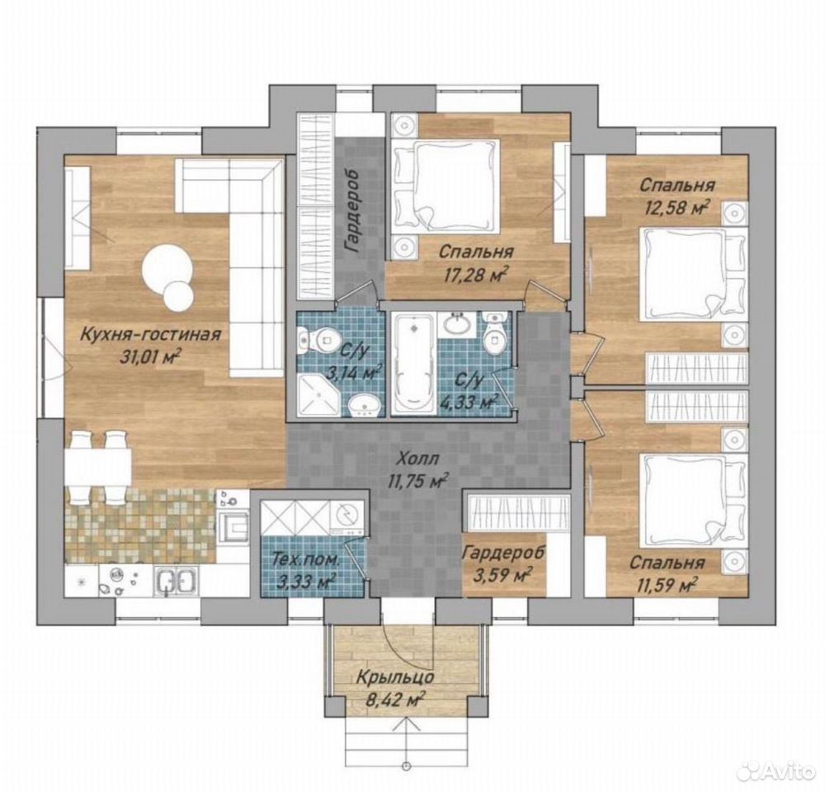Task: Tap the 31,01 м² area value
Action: pyautogui.click(x=150, y=357)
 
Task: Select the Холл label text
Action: pyautogui.click(x=419, y=459)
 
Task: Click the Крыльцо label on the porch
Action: pyautogui.click(x=395, y=676)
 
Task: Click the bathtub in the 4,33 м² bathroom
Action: pyautogui.click(x=413, y=364)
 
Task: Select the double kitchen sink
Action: pyautogui.click(x=177, y=582)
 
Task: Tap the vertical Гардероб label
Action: pyautogui.click(x=352, y=211)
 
